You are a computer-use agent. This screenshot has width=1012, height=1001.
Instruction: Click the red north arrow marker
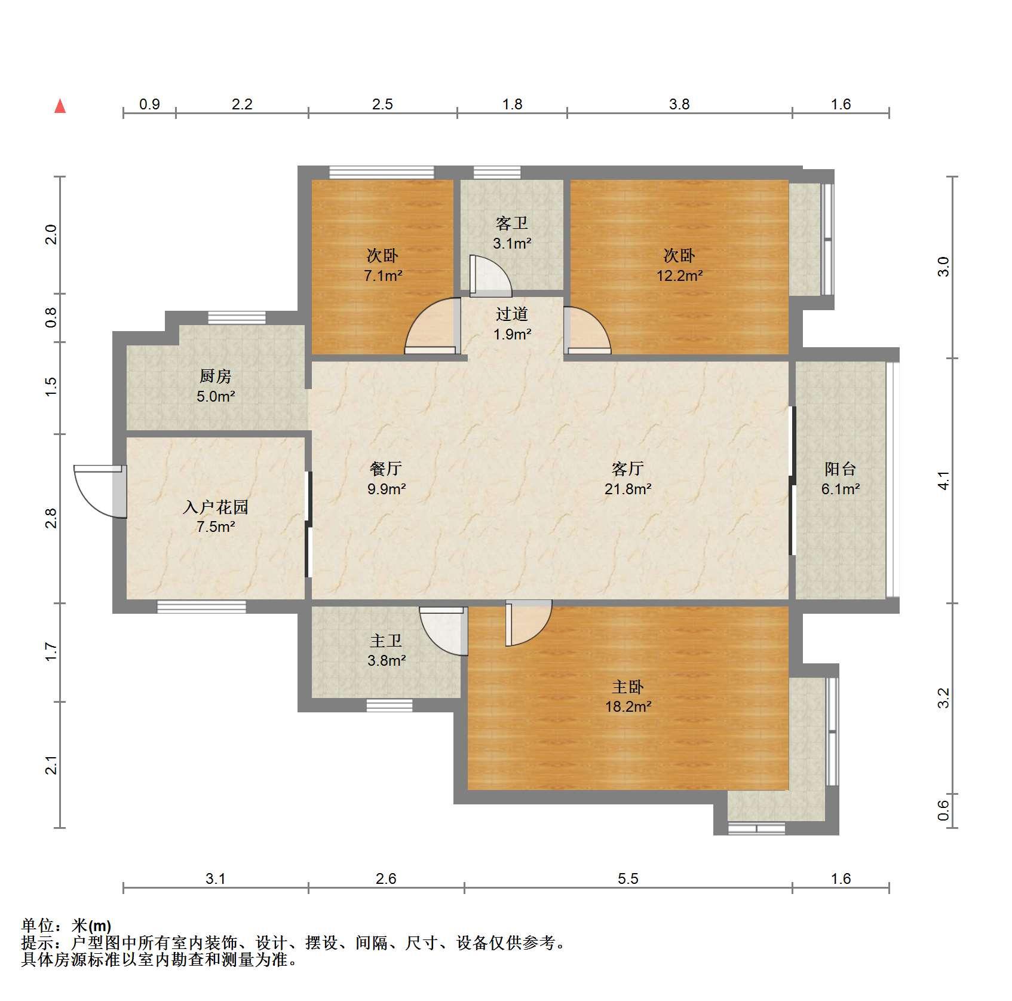pyautogui.click(x=60, y=106)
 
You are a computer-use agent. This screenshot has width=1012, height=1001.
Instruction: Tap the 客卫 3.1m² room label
pyautogui.click(x=512, y=233)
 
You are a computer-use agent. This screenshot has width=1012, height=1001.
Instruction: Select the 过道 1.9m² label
pyautogui.click(x=512, y=324)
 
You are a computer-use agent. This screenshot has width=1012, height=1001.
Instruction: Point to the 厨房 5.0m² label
pyautogui.click(x=216, y=386)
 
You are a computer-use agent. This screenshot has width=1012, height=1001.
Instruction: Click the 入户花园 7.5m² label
pyautogui.click(x=216, y=517)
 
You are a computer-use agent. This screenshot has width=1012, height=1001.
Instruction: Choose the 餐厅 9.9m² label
pyautogui.click(x=386, y=479)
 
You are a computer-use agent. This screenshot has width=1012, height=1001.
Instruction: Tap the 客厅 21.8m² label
pyautogui.click(x=628, y=479)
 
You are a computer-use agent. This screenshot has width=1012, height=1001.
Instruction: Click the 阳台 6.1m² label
pyautogui.click(x=841, y=479)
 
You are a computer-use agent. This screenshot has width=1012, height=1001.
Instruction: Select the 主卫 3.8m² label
pyautogui.click(x=386, y=651)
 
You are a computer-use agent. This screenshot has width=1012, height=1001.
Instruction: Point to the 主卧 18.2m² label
pyautogui.click(x=628, y=696)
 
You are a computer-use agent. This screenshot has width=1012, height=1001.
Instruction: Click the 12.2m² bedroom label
pyautogui.click(x=679, y=265)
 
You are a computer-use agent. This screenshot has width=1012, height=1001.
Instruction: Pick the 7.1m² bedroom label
pyautogui.click(x=382, y=265)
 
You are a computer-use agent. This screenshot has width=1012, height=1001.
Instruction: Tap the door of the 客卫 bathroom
pyautogui.click(x=490, y=276)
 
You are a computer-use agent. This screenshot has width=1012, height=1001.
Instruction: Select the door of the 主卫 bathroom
pyautogui.click(x=443, y=631)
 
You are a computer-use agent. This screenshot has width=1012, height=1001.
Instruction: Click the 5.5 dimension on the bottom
pyautogui.click(x=628, y=878)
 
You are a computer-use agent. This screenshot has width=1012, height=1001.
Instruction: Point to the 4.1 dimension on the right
pyautogui.click(x=943, y=480)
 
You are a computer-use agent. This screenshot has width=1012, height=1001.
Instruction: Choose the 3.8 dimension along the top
pyautogui.click(x=679, y=104)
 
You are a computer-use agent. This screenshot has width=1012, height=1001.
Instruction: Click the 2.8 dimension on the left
pyautogui.click(x=51, y=518)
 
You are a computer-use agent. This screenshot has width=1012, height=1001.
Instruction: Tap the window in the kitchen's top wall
pyautogui.click(x=237, y=317)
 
